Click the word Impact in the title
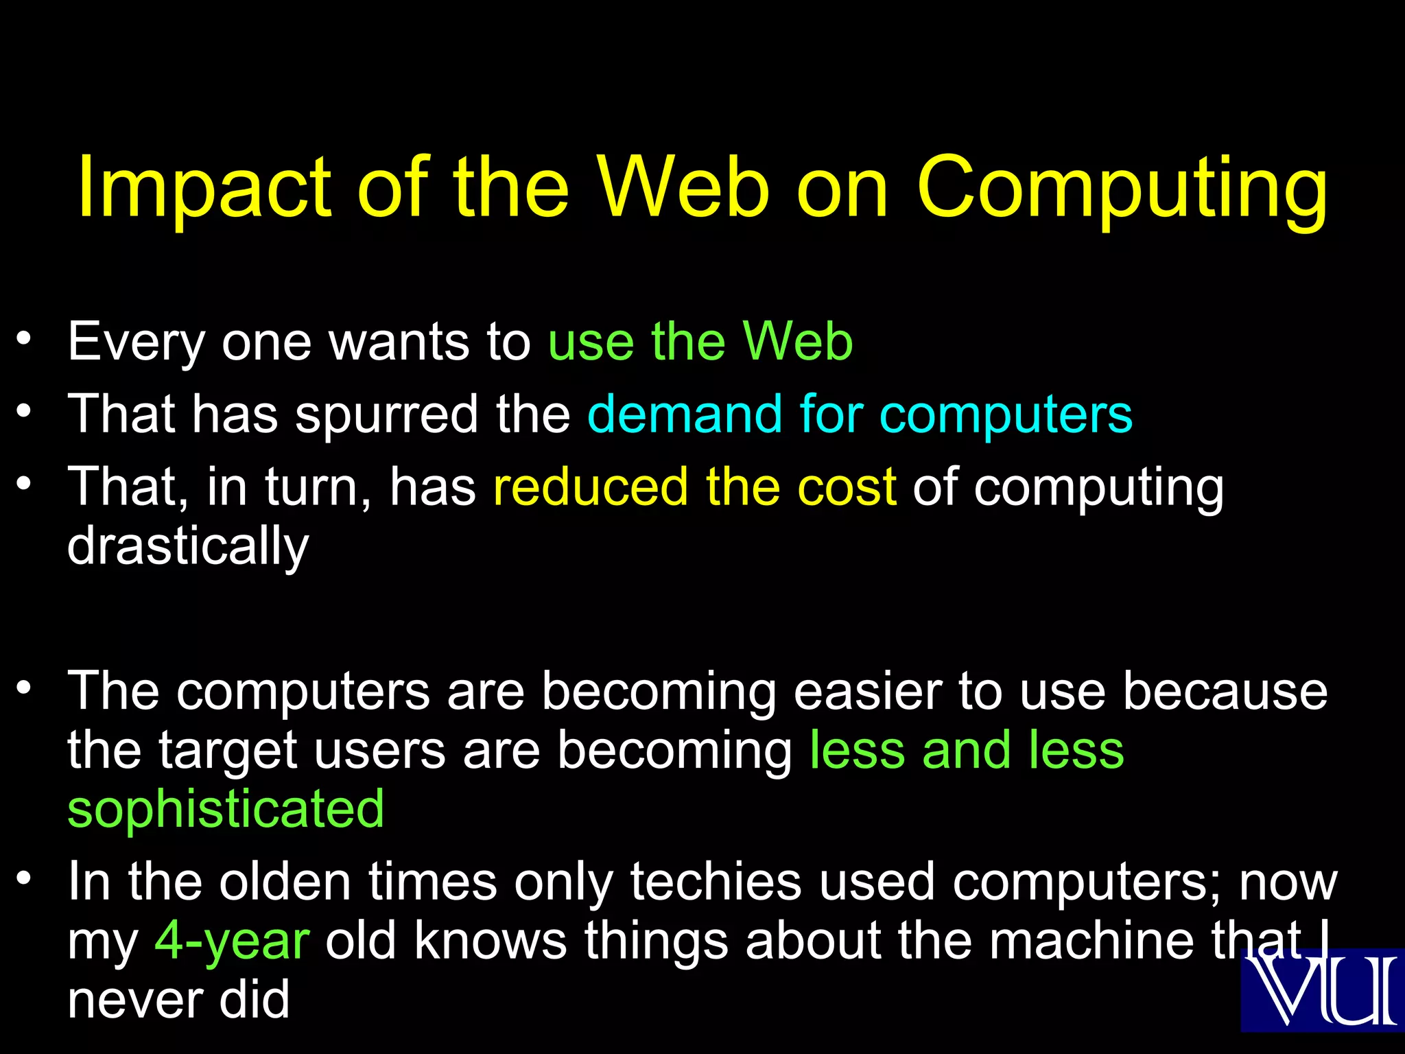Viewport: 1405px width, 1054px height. [x=205, y=187]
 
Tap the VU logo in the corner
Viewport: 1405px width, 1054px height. [x=1323, y=990]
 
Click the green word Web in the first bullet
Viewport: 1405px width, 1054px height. [x=798, y=341]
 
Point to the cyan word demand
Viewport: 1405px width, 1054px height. [x=685, y=414]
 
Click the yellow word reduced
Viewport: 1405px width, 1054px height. [x=590, y=487]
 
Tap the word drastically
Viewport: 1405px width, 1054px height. [x=188, y=546]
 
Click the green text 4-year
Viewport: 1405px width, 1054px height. [x=232, y=941]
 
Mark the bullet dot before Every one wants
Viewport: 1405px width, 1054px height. [x=25, y=338]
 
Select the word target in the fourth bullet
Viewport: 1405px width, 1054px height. [x=228, y=751]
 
